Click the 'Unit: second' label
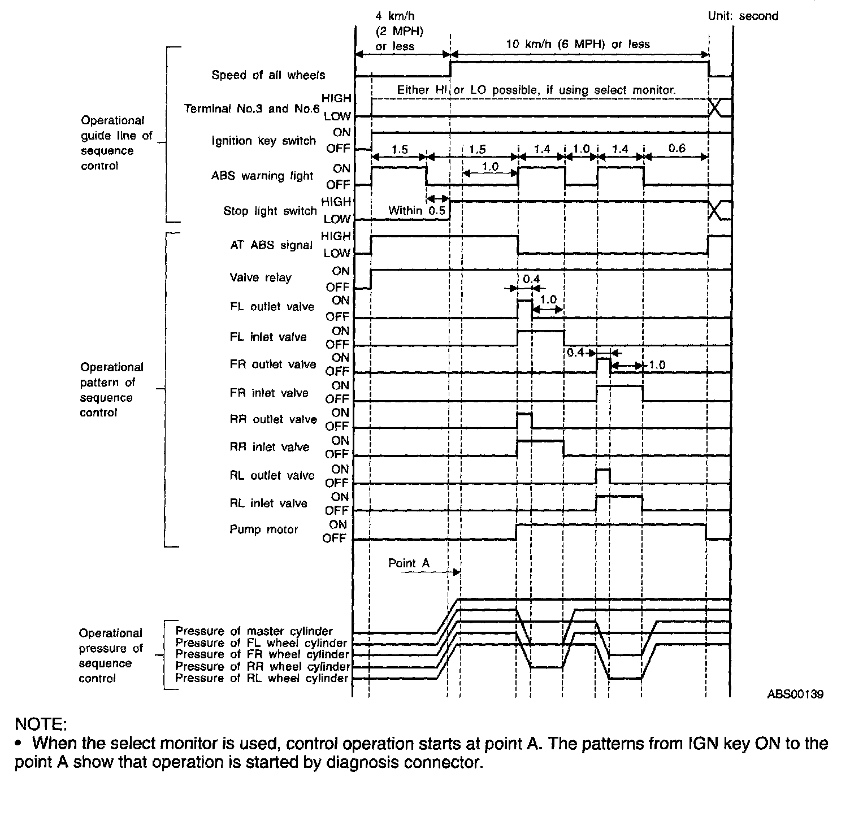(x=743, y=16)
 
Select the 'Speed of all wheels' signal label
(x=268, y=75)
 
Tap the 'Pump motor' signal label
(x=263, y=530)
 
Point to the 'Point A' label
(x=409, y=563)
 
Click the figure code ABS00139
(x=795, y=694)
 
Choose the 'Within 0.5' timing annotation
(x=417, y=211)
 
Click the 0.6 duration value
(x=676, y=149)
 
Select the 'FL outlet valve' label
(x=272, y=307)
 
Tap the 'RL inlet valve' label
(x=268, y=503)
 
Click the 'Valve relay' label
(x=261, y=277)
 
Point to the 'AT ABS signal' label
(x=271, y=245)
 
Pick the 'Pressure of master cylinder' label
(x=254, y=631)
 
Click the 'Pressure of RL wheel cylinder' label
(x=261, y=678)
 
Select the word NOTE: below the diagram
(x=41, y=724)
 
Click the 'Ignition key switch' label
(x=263, y=141)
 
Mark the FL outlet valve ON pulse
(x=524, y=309)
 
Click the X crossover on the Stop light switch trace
(x=715, y=210)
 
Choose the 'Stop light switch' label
(x=270, y=211)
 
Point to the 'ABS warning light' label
(x=262, y=176)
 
